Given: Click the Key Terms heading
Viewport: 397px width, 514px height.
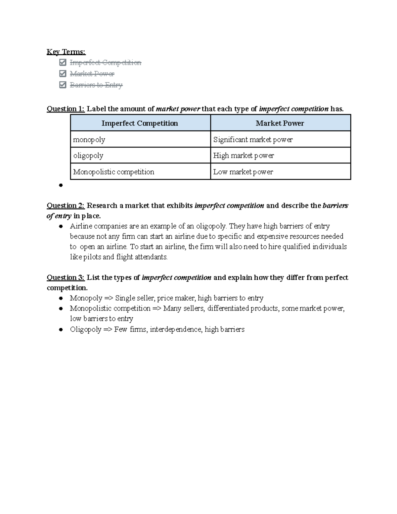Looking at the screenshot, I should [x=66, y=52].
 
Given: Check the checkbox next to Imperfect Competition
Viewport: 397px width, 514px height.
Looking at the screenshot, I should [x=63, y=63].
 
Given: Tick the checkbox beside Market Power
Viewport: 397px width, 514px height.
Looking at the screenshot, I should [x=63, y=73].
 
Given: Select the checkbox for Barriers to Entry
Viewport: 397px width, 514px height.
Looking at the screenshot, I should [x=63, y=85].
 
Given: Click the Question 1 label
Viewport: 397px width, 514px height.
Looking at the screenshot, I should [x=66, y=109].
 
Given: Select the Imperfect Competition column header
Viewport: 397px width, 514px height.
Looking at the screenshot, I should [x=140, y=123].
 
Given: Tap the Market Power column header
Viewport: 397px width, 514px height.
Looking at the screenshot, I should [x=280, y=123].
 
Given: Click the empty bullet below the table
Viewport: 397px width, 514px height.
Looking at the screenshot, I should [x=61, y=185].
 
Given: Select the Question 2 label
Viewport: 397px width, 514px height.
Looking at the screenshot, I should [x=66, y=206].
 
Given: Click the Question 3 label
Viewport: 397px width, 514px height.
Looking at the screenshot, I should [x=66, y=277].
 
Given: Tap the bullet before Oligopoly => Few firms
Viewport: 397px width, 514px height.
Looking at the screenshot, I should [x=61, y=330].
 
